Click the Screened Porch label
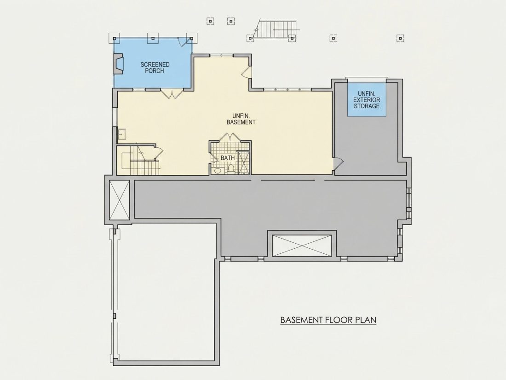pos(155,68)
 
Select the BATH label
pos(228,158)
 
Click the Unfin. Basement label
pos(241,119)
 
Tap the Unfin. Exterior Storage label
pos(367,100)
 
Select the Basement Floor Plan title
pos(328,320)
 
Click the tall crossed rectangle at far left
pos(120,200)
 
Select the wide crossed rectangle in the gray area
pos(302,246)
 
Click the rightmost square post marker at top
pos(400,38)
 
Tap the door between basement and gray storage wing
pos(338,164)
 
